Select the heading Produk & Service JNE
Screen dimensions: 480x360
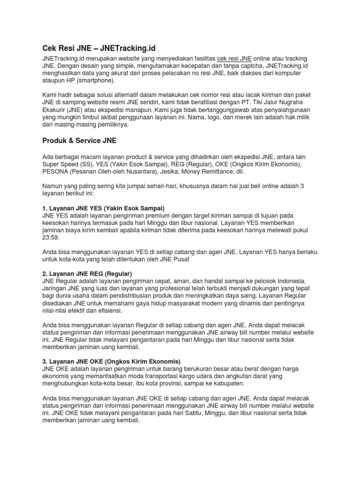pos(79,141)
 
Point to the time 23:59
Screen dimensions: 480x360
pos(50,238)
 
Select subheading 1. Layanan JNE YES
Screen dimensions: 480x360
pos(103,208)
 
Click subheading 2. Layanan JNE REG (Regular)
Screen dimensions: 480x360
pos(87,273)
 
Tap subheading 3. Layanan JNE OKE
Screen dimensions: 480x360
pos(111,361)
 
